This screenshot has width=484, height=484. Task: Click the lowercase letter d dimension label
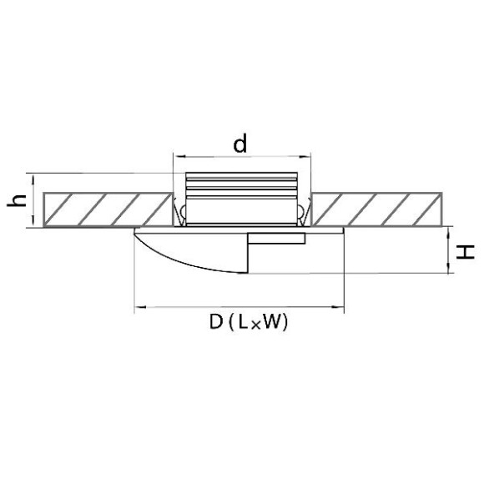(x=240, y=144)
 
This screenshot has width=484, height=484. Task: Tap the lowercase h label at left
(x=17, y=200)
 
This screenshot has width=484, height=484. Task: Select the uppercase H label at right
(x=466, y=252)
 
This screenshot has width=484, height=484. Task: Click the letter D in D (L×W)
(x=216, y=322)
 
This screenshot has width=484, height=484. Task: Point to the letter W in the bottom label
(x=274, y=322)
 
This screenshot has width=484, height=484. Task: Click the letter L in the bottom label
(x=243, y=322)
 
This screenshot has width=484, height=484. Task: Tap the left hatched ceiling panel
(x=108, y=209)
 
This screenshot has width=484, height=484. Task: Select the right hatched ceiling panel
(x=376, y=209)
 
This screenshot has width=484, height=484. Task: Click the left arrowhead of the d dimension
(x=179, y=157)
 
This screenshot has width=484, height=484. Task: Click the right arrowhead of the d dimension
(x=305, y=157)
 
